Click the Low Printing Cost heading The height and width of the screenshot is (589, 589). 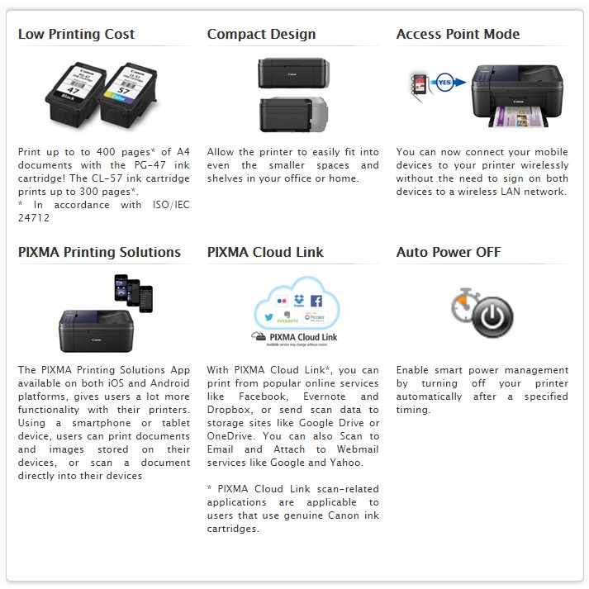[x=76, y=34]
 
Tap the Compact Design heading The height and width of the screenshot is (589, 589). [x=261, y=34]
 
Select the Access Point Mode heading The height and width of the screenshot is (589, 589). [x=458, y=34]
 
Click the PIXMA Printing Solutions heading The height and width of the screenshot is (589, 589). [x=99, y=252]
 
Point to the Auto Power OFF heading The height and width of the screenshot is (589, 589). [x=449, y=252]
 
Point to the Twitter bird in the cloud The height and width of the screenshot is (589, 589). [x=269, y=316]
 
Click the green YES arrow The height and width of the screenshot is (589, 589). [x=444, y=83]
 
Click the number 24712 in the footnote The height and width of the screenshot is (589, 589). [x=36, y=218]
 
